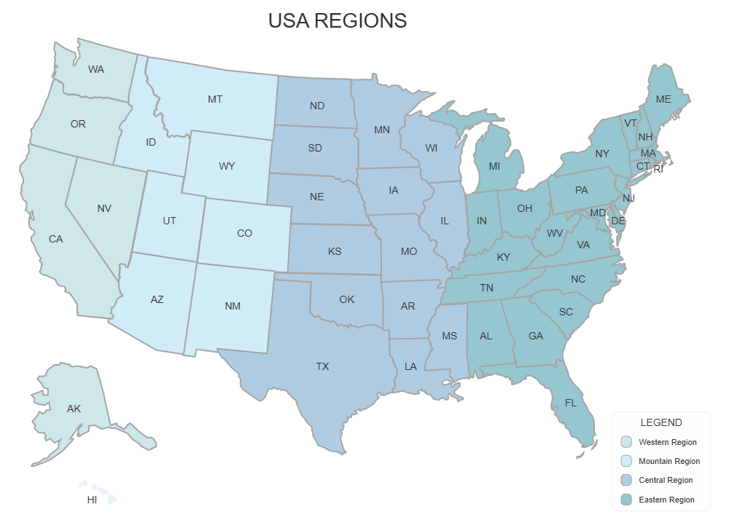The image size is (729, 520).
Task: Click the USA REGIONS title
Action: [x=337, y=20]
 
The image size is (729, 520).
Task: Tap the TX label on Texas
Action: [x=322, y=366]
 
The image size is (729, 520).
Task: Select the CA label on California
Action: [x=55, y=239]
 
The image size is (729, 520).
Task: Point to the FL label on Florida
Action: [x=571, y=401]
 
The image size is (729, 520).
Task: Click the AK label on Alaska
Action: [x=74, y=409]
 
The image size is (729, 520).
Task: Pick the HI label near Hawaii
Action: [x=92, y=500]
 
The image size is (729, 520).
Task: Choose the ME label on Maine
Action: [x=663, y=98]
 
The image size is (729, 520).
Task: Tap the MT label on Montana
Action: [x=215, y=99]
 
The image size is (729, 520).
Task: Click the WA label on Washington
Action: [x=95, y=70]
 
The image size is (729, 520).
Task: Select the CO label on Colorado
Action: [x=244, y=233]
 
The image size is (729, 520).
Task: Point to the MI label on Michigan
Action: [x=494, y=167]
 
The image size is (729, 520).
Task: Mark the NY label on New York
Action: [x=602, y=154]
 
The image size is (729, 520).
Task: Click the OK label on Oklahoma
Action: [x=346, y=299]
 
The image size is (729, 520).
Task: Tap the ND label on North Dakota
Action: [x=317, y=106]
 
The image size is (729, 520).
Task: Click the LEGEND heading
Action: [x=661, y=422]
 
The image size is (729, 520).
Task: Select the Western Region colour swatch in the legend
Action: [x=626, y=442]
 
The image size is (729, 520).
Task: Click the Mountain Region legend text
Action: [x=669, y=461]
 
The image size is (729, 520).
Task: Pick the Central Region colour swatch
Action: [x=626, y=480]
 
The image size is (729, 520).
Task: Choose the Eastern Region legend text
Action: [x=667, y=500]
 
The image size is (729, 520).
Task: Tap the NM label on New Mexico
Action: [x=233, y=307]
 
